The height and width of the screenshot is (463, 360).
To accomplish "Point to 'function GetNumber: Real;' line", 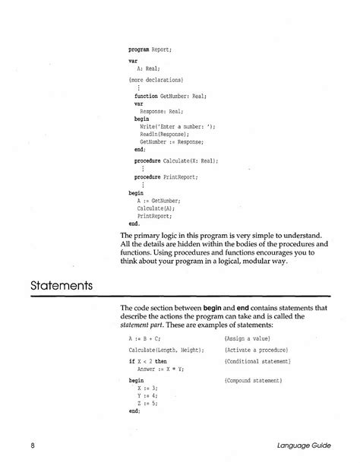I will tap(170, 97).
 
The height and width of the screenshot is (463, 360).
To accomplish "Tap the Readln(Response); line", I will tap(165, 134).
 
